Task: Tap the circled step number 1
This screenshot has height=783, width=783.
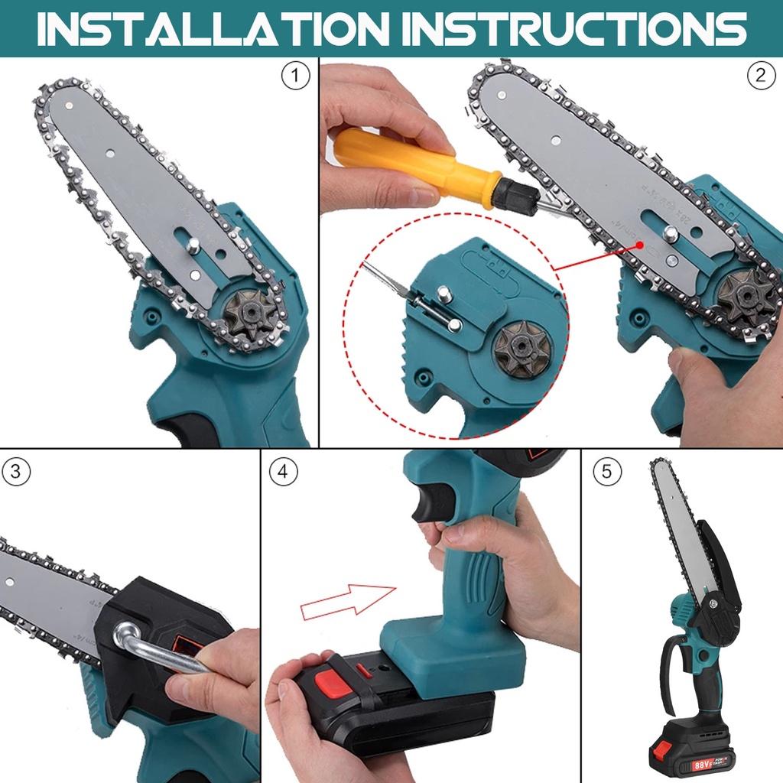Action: point(296,76)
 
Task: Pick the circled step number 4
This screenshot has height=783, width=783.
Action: point(283,472)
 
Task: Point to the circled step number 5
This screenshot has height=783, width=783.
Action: point(607,472)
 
